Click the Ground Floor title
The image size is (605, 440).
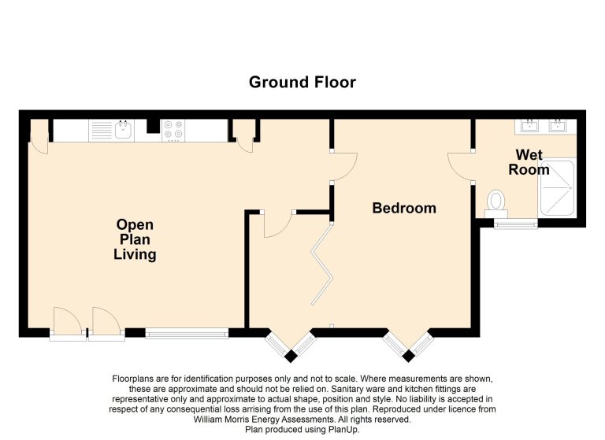point(302,82)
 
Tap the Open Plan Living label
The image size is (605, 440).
point(135,239)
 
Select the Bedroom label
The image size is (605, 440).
point(404,209)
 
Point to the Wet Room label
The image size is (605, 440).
point(529,162)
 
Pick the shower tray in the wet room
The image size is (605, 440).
point(557,188)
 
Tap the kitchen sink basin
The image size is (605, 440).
point(124,130)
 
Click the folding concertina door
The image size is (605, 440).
point(321,264)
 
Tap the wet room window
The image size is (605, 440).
point(515,224)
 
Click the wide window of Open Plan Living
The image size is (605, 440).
point(187,333)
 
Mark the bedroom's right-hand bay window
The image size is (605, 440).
point(408,345)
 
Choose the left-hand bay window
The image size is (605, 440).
point(291,345)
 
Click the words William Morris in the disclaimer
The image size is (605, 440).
point(220,420)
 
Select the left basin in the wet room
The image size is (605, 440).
point(529,125)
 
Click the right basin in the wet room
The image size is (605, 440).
point(558,125)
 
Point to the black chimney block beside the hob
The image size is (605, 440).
point(153,126)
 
